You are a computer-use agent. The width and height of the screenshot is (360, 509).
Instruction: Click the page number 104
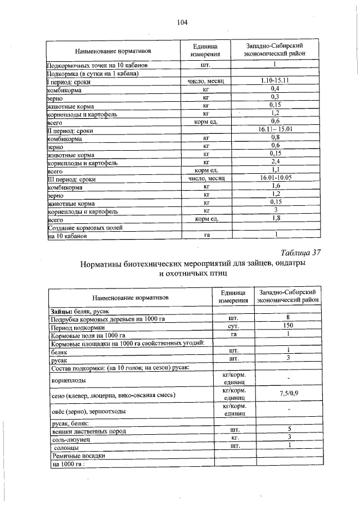coord(181,22)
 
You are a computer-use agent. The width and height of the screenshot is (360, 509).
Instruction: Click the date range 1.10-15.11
coord(275,81)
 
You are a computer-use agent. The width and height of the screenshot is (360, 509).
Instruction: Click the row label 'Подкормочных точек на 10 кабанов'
coord(97,65)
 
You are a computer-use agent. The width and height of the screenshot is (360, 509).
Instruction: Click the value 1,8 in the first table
coord(275,218)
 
